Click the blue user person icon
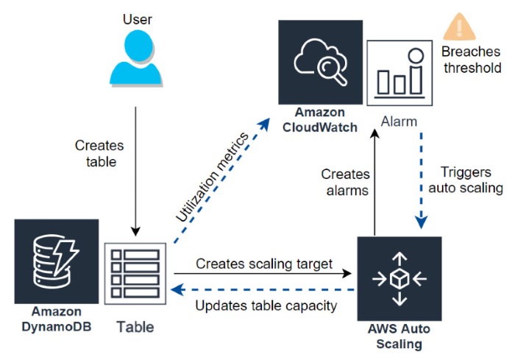pos(135,58)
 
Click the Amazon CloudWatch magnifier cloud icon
pos(320,62)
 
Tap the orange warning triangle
pos(458,28)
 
